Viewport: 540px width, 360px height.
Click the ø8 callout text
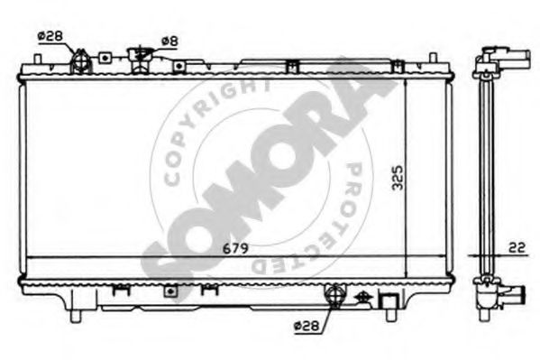(168, 40)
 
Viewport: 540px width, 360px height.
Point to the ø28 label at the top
(50, 35)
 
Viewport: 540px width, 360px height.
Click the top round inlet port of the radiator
(80, 63)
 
